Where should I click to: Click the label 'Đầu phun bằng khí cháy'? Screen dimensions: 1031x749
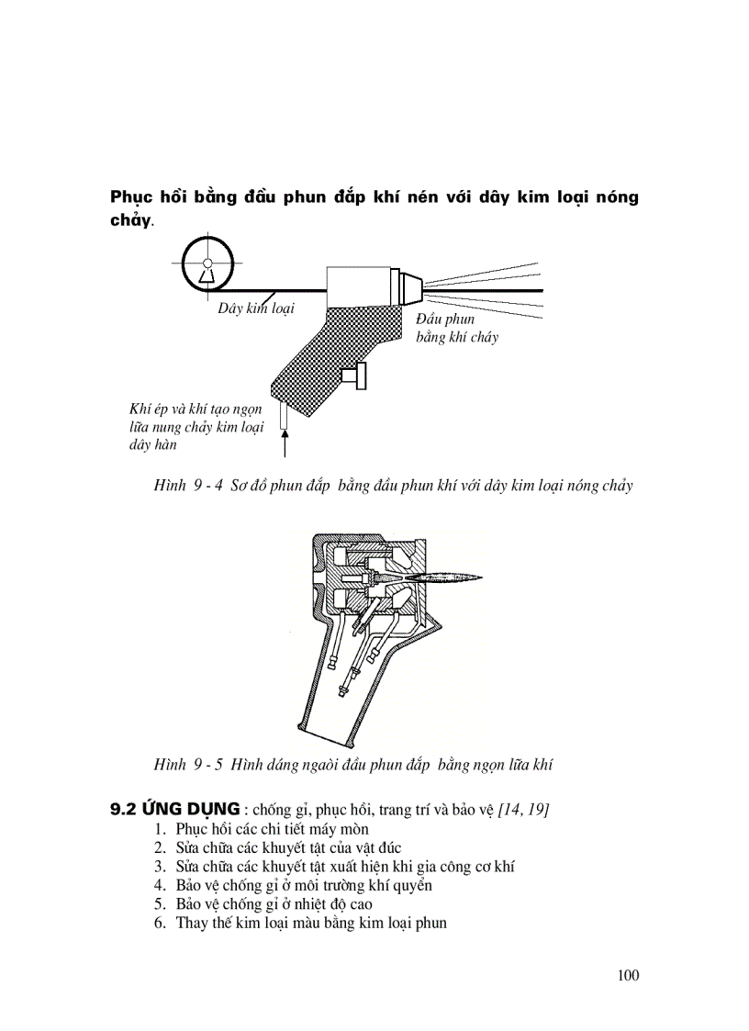click(x=456, y=328)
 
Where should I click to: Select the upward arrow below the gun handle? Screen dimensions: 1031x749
click(x=285, y=444)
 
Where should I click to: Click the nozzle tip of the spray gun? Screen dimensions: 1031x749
click(x=410, y=287)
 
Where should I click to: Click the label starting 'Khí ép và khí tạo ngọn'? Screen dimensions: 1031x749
click(x=196, y=427)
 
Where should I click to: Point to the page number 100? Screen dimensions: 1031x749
click(x=628, y=975)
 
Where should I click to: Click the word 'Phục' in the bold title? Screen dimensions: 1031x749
click(x=133, y=197)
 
